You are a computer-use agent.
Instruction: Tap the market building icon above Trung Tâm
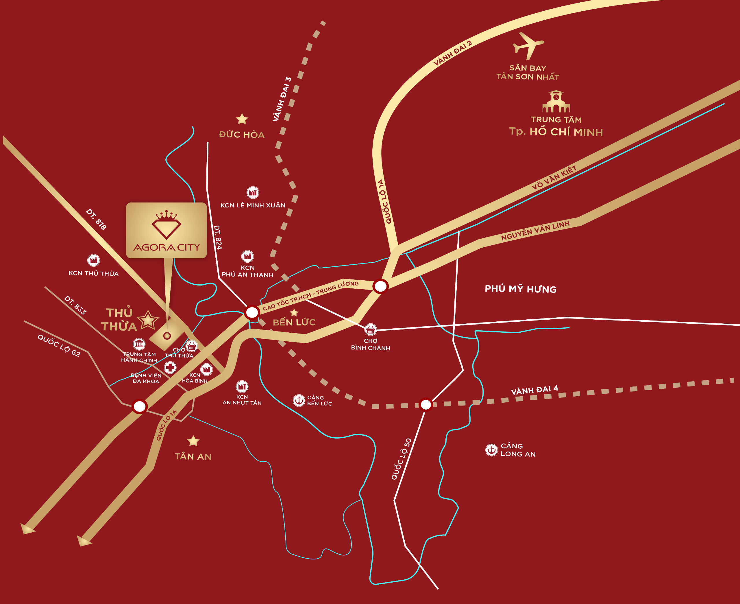pyautogui.click(x=556, y=102)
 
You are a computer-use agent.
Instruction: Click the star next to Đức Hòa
pyautogui.click(x=242, y=119)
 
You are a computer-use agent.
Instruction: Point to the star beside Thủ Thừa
pyautogui.click(x=148, y=320)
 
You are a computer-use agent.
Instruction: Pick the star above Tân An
pyautogui.click(x=193, y=441)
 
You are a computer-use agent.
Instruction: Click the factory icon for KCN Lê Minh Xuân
pyautogui.click(x=253, y=192)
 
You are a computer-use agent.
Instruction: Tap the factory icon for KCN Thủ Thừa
pyautogui.click(x=93, y=260)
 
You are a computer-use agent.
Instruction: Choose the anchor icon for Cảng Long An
pyautogui.click(x=491, y=450)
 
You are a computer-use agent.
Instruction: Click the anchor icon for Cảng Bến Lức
pyautogui.click(x=299, y=400)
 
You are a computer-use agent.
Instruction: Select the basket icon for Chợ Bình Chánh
pyautogui.click(x=371, y=329)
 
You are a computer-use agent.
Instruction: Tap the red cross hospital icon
pyautogui.click(x=170, y=367)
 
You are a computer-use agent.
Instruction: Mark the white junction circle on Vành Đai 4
pyautogui.click(x=426, y=405)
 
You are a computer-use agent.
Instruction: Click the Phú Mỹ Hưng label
pyautogui.click(x=520, y=289)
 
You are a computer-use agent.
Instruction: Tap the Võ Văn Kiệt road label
pyautogui.click(x=554, y=177)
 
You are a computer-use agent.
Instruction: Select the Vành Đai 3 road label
pyautogui.click(x=282, y=99)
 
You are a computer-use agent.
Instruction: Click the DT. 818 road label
pyautogui.click(x=96, y=219)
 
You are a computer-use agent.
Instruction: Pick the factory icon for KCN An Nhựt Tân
pyautogui.click(x=242, y=386)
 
